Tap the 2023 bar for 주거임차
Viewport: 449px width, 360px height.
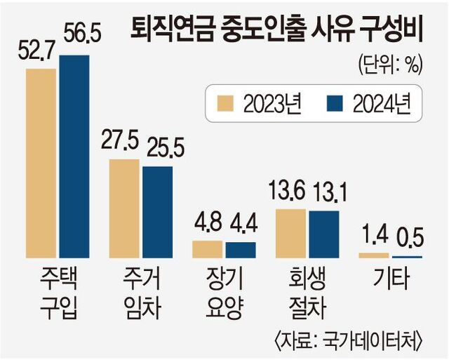(125, 209)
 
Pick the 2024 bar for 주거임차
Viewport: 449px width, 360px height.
(157, 213)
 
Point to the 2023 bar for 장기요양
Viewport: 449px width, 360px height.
(208, 250)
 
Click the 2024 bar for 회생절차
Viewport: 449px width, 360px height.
(323, 234)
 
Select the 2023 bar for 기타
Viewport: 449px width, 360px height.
(373, 255)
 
